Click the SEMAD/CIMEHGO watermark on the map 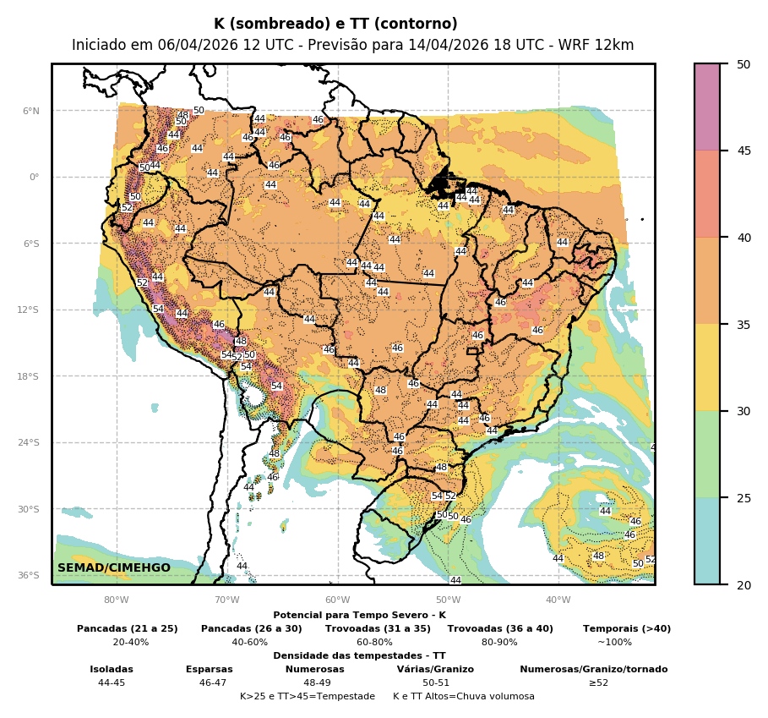114,567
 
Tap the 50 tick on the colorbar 743,64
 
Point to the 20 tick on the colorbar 743,584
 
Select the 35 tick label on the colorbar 743,324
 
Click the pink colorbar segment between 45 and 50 707,107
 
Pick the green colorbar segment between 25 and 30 707,454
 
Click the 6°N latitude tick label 31,111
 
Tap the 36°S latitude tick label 30,575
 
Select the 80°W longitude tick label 117,600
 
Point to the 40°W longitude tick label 558,600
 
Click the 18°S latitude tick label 30,376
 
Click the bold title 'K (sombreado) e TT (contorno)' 335,25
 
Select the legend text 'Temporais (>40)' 627,628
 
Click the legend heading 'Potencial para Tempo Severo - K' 359,616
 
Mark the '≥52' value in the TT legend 598,682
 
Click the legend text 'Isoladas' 112,669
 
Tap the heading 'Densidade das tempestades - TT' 359,655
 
